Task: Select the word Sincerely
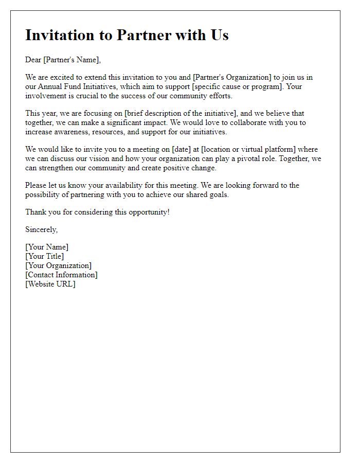coord(42,229)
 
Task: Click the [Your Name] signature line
coord(47,247)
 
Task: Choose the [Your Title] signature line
coord(45,256)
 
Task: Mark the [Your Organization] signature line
coord(59,265)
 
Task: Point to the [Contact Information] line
coord(61,275)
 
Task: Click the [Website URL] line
coord(50,284)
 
